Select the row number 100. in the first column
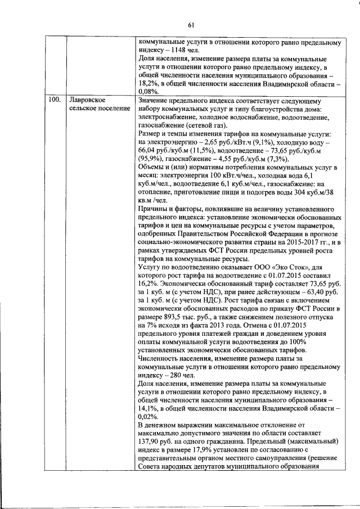click(55, 100)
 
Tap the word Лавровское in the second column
click(85, 100)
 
